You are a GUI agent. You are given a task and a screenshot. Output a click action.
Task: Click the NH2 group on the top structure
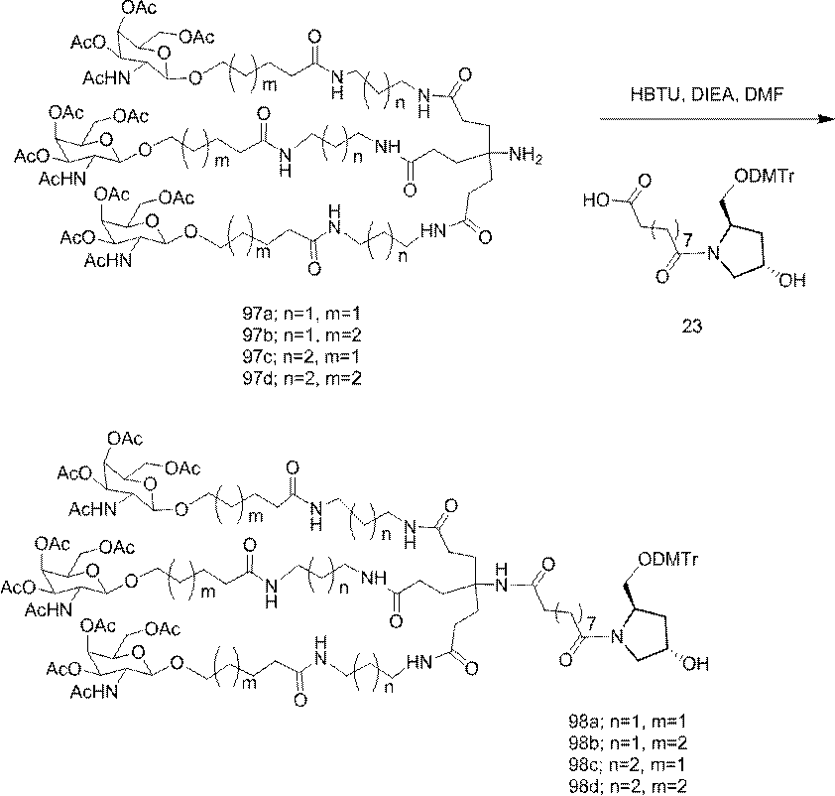pyautogui.click(x=526, y=154)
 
